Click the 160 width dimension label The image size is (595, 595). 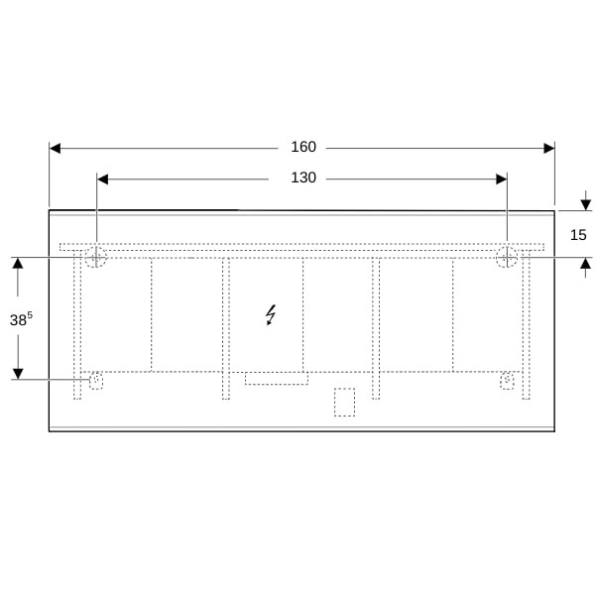pyautogui.click(x=303, y=147)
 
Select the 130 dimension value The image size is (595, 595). pyautogui.click(x=303, y=178)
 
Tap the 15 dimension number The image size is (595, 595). pyautogui.click(x=578, y=235)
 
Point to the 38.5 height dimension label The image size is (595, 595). pyautogui.click(x=21, y=318)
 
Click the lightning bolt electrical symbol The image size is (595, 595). pyautogui.click(x=271, y=315)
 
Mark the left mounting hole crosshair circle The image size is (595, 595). pyautogui.click(x=95, y=257)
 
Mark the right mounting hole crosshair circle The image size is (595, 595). pyautogui.click(x=507, y=257)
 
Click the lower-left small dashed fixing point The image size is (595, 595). pyautogui.click(x=96, y=381)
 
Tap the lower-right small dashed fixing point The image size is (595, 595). pyautogui.click(x=507, y=381)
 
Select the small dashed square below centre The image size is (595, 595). pyautogui.click(x=344, y=402)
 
